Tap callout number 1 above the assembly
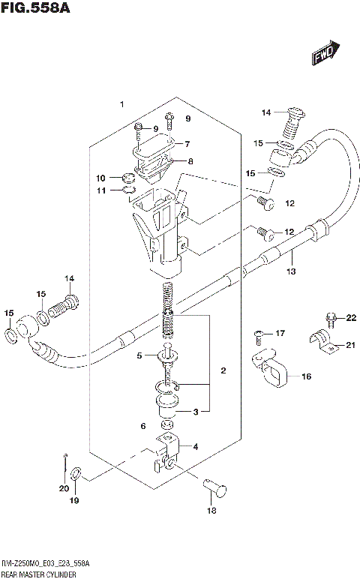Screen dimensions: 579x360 (121, 103)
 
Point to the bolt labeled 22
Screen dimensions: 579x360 (330, 320)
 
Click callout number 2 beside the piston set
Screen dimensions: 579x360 (223, 370)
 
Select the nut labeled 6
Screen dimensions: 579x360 (169, 426)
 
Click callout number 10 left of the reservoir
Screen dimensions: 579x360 (100, 178)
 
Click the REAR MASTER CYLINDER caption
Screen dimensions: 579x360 (38, 572)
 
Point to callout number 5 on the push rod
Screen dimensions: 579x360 (139, 356)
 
